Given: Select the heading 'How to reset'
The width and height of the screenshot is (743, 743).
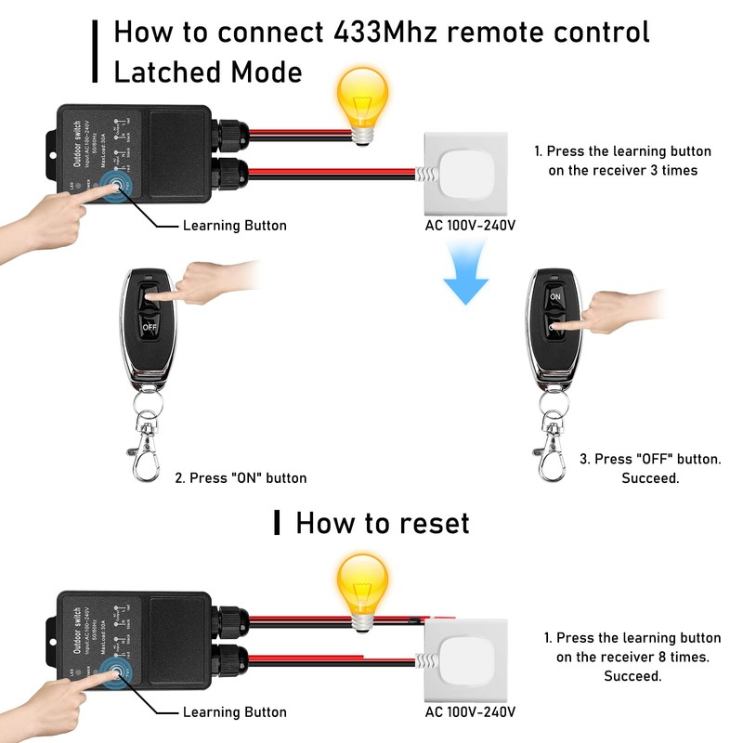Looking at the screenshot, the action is (382, 523).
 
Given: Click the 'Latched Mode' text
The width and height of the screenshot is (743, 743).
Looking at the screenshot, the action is (207, 72).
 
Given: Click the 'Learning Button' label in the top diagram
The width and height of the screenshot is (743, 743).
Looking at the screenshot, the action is (234, 226).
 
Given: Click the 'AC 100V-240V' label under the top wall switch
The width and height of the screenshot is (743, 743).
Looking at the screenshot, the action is (469, 226).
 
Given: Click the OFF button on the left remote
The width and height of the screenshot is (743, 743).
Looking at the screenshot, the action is (150, 327).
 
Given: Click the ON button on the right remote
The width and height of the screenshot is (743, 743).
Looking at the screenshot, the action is (555, 296).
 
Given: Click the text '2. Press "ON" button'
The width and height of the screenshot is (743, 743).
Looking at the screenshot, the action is (241, 478).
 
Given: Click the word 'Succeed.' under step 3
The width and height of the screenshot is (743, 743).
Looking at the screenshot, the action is (650, 478).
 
